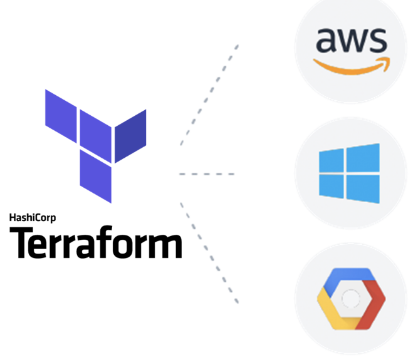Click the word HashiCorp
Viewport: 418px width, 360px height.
pyautogui.click(x=33, y=218)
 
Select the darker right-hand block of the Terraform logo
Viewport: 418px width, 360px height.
pyautogui.click(x=130, y=135)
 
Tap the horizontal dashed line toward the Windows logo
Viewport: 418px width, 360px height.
pyautogui.click(x=207, y=173)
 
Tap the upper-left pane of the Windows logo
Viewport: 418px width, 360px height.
pyautogui.click(x=331, y=162)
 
